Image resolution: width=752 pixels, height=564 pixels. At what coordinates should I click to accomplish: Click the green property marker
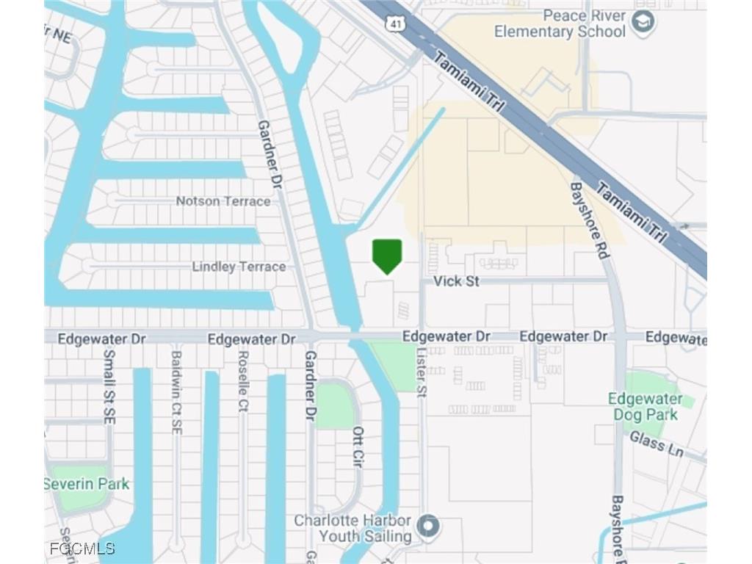pyautogui.click(x=387, y=256)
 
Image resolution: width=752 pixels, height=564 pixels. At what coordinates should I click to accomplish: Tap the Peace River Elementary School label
pyautogui.click(x=560, y=23)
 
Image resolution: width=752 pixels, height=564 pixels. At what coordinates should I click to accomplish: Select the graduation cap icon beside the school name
pyautogui.click(x=643, y=23)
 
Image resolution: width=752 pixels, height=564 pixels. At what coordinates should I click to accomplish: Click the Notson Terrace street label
pyautogui.click(x=223, y=200)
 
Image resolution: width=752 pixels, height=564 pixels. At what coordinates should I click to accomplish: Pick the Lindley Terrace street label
pyautogui.click(x=239, y=267)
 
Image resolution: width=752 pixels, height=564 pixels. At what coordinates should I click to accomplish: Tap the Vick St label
pyautogui.click(x=456, y=281)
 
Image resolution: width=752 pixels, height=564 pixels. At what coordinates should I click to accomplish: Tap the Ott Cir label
pyautogui.click(x=358, y=447)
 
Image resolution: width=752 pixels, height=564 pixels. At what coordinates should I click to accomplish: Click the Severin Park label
pyautogui.click(x=86, y=484)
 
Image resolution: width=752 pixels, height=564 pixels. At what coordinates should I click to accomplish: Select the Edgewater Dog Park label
pyautogui.click(x=645, y=407)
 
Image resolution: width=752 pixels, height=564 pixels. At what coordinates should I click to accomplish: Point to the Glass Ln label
pyautogui.click(x=656, y=444)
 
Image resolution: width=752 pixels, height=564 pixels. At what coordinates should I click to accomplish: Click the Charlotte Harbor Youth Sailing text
pyautogui.click(x=352, y=528)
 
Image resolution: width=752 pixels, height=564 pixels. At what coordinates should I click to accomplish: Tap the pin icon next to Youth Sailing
pyautogui.click(x=428, y=527)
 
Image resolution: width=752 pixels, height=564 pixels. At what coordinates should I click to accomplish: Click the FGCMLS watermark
pyautogui.click(x=82, y=549)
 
